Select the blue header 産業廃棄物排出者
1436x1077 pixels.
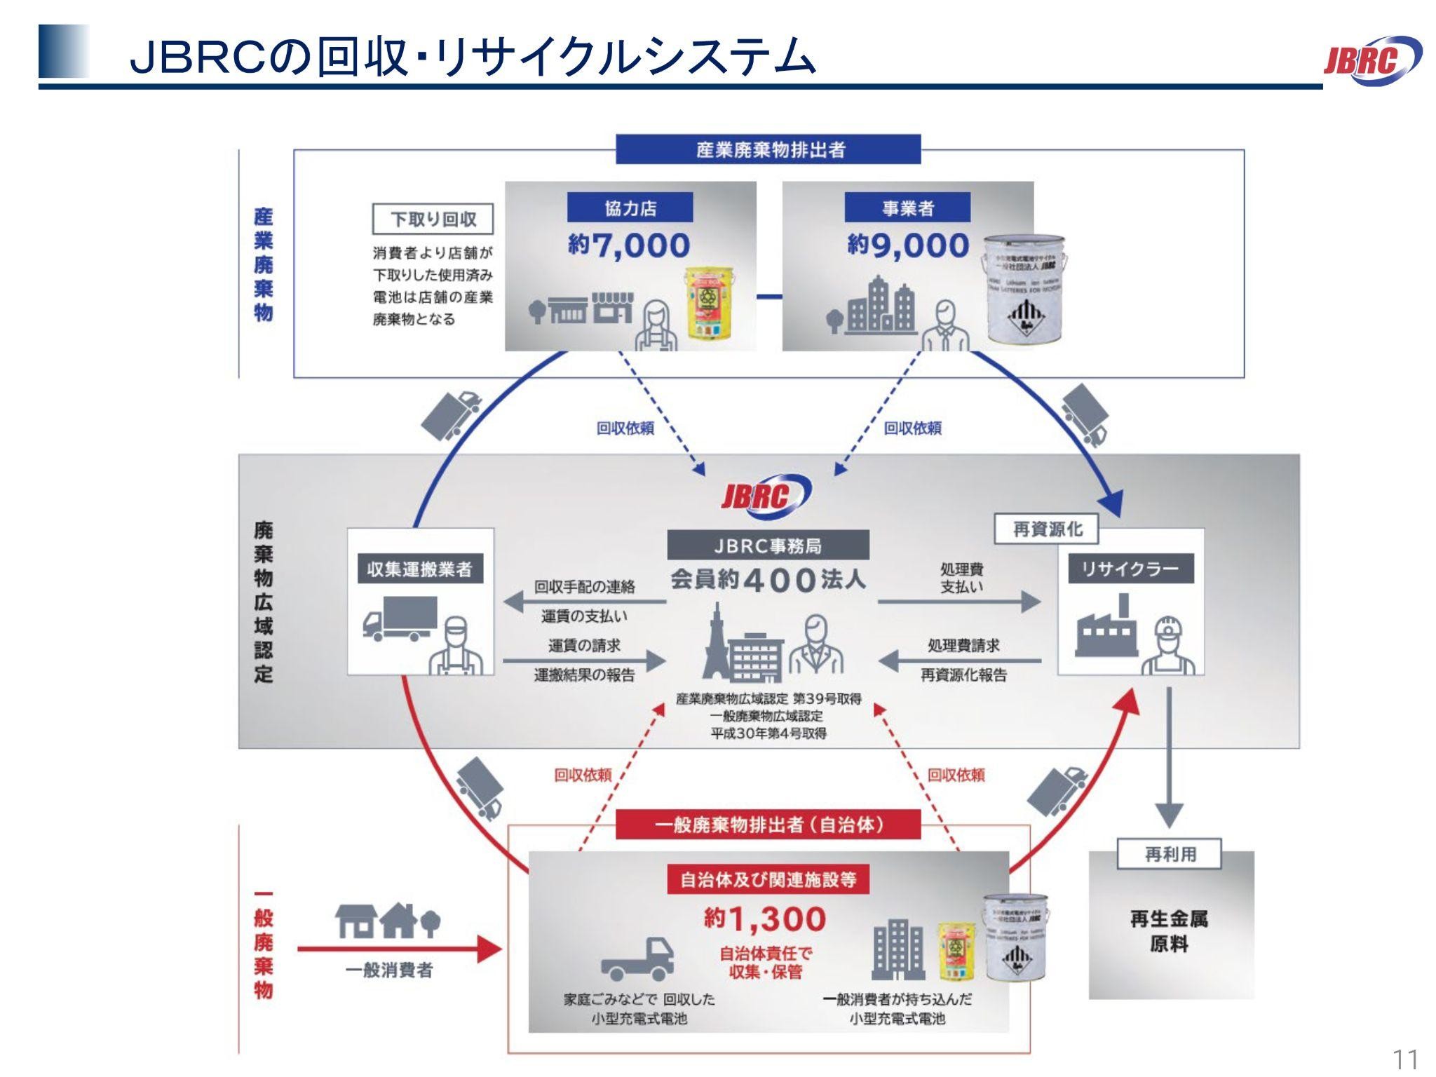(768, 149)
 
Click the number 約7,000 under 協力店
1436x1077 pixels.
(629, 245)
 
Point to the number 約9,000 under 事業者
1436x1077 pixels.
(908, 245)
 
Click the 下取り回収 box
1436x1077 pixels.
(433, 219)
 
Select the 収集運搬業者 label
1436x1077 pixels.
(420, 569)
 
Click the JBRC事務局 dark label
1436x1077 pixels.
(768, 546)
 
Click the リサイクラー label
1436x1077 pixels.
(1130, 569)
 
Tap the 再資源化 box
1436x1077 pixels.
(1047, 530)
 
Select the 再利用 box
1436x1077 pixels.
(1170, 855)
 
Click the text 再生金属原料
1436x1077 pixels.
(1170, 931)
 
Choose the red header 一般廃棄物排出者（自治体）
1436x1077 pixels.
(768, 825)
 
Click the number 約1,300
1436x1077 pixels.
(766, 919)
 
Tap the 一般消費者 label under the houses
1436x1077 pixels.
(389, 970)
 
